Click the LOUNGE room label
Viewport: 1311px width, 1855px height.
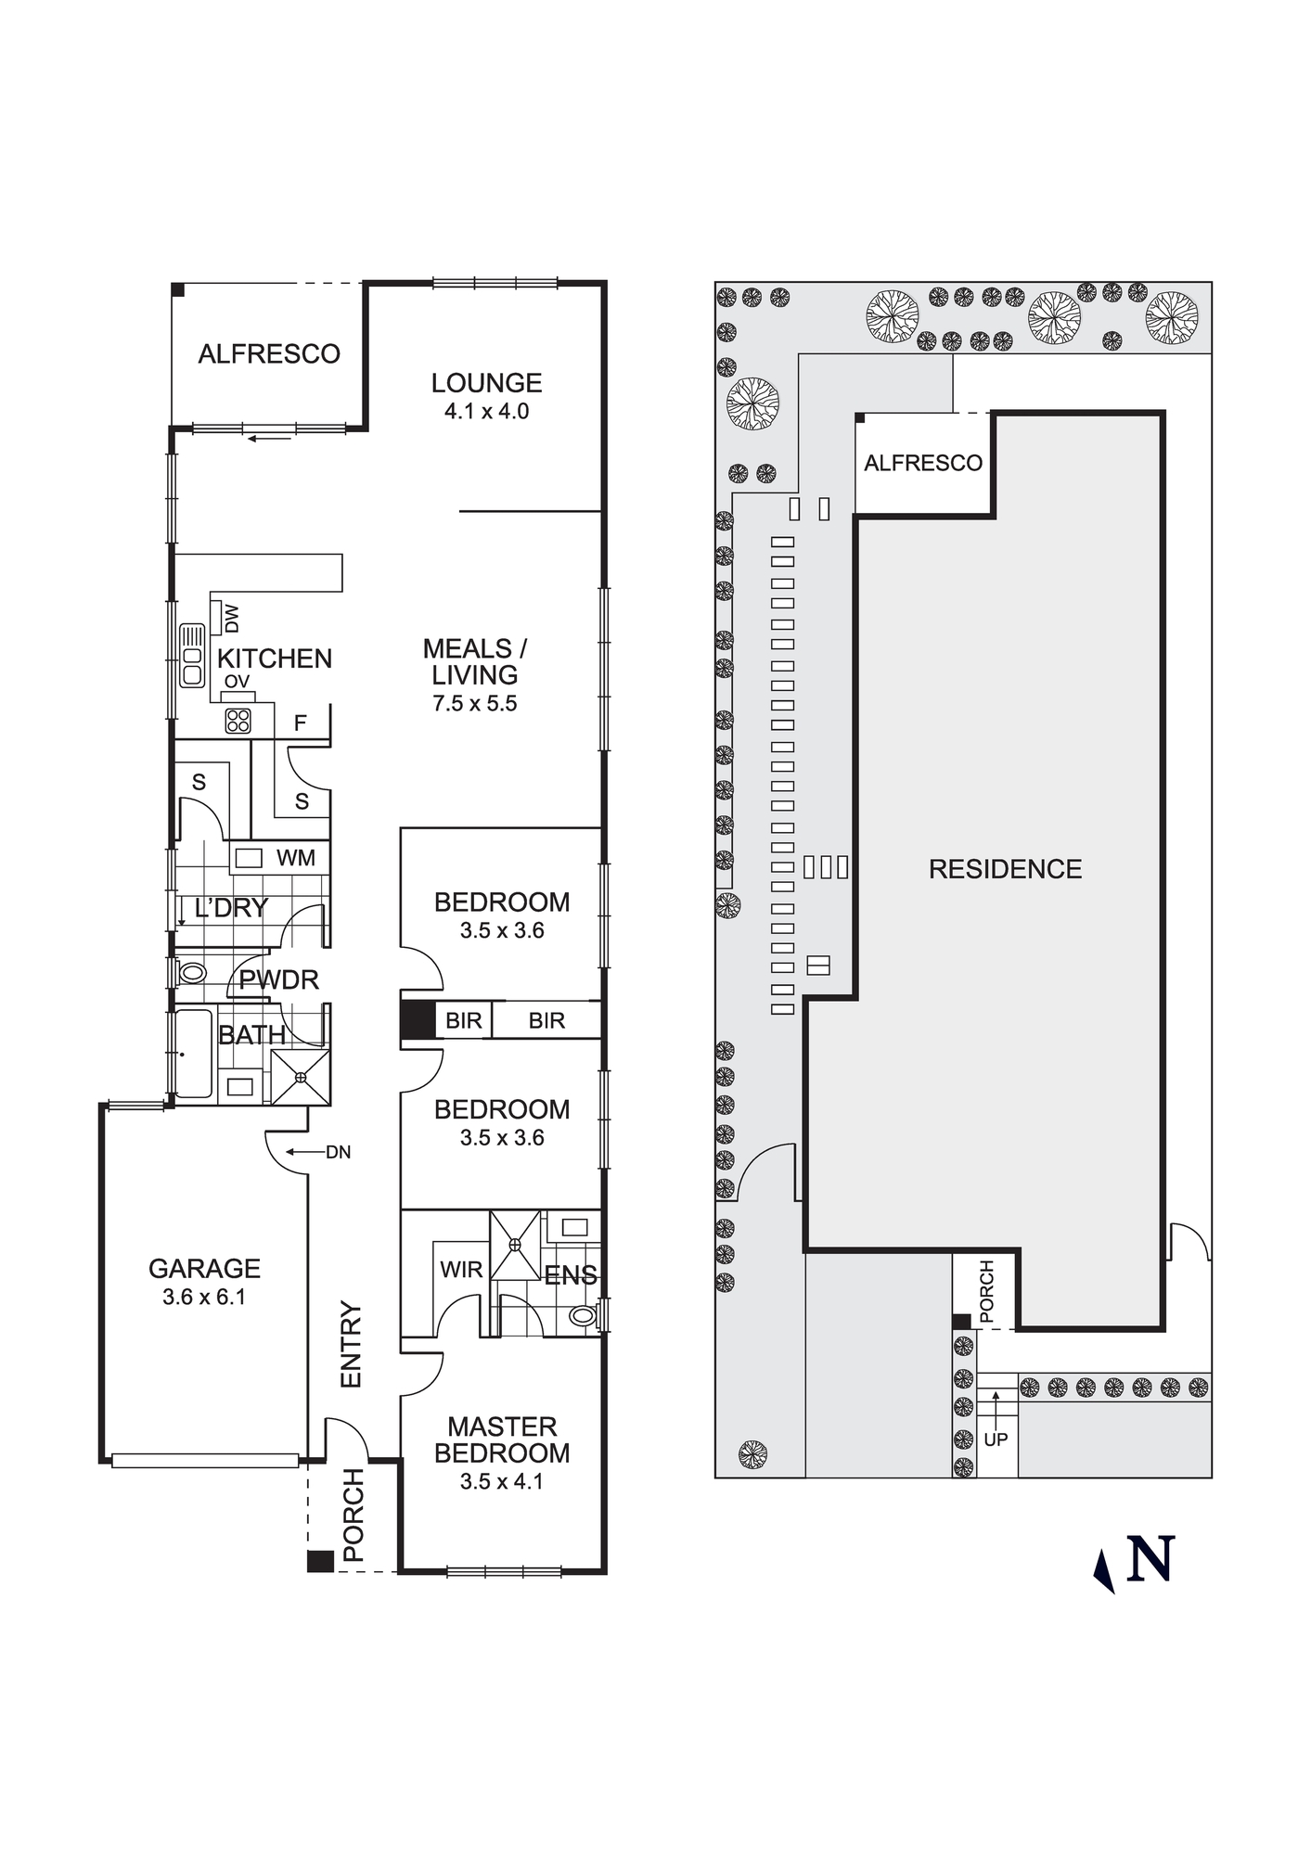486,383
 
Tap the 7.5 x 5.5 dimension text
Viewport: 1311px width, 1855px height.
474,704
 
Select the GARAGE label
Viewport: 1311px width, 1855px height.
204,1269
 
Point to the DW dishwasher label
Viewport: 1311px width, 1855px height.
232,619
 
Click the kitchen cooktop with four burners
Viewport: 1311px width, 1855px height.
238,721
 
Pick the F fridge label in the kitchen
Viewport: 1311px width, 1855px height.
300,723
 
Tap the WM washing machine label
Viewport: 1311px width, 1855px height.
295,858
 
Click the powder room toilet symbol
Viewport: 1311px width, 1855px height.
192,973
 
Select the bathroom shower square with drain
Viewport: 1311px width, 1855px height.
301,1078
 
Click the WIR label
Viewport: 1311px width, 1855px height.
461,1270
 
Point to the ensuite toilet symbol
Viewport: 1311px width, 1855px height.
582,1315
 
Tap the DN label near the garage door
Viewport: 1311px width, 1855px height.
338,1153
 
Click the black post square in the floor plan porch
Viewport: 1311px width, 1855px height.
320,1561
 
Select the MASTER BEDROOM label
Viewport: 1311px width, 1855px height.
502,1439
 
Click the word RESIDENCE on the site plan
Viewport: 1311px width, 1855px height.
1005,869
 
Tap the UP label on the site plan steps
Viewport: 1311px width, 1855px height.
996,1439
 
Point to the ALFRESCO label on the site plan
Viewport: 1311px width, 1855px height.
922,463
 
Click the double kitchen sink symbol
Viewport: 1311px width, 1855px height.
193,655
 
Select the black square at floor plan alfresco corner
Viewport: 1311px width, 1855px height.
178,290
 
